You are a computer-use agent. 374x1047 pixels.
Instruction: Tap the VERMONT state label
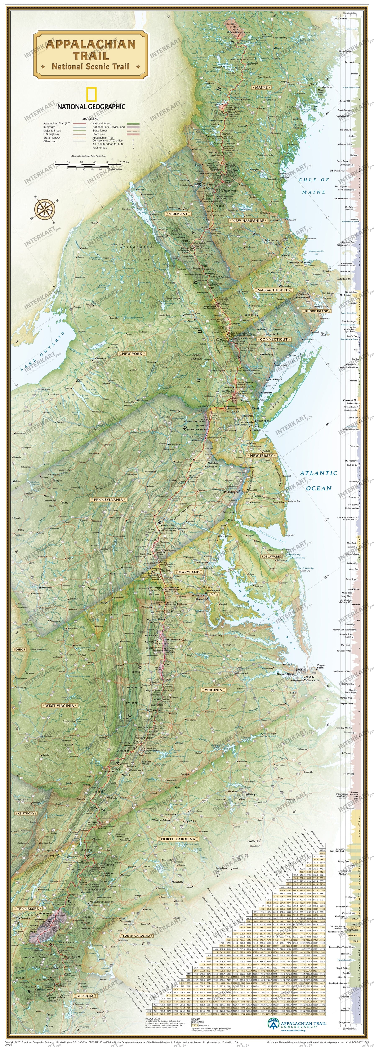[178, 213]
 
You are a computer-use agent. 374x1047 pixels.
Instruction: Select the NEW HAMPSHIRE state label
[248, 221]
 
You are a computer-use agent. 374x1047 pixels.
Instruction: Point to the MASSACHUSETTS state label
[273, 290]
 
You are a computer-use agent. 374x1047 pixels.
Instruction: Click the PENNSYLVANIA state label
[108, 499]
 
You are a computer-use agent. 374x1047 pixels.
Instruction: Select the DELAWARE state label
[271, 556]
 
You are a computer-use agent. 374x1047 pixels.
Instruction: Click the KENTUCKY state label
[26, 813]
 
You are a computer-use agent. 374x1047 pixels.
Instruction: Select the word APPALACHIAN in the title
[90, 44]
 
